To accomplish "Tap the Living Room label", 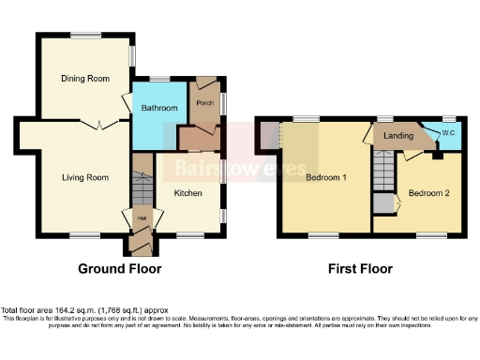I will pyautogui.click(x=85, y=177).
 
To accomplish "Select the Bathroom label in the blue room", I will pyautogui.click(x=159, y=109).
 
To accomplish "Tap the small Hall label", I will pyautogui.click(x=142, y=218).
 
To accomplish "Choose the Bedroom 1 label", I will pyautogui.click(x=325, y=179).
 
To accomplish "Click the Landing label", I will pyautogui.click(x=399, y=137).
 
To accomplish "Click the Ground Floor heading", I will pyautogui.click(x=119, y=269).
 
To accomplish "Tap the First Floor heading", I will pyautogui.click(x=360, y=269).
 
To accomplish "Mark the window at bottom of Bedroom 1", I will pyautogui.click(x=324, y=234).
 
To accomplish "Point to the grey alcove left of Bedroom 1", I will pyautogui.click(x=268, y=137).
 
